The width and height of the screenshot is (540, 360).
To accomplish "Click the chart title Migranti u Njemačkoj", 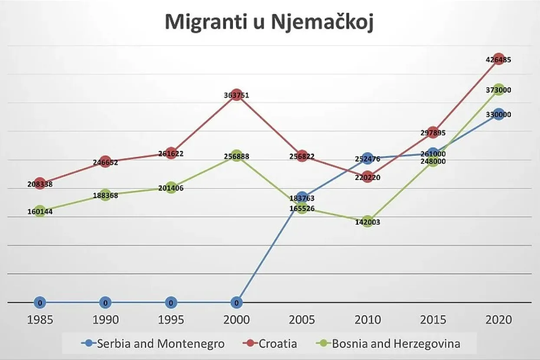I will tap(269, 23).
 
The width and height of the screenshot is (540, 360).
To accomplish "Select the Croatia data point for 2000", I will tap(236, 95).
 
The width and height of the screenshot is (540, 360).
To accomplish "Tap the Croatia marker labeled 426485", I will tap(499, 59).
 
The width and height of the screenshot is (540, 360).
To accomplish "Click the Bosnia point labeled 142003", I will tap(367, 221).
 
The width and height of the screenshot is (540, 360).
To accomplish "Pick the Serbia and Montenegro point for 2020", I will tap(499, 115).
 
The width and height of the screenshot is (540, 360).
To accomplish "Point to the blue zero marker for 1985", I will tap(40, 302).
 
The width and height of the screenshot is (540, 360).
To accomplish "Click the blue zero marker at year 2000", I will tap(236, 302).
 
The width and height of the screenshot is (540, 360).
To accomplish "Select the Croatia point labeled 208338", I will tap(40, 183).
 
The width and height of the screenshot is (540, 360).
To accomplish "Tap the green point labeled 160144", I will tap(40, 211).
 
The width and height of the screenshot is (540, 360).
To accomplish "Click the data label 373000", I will tap(499, 90).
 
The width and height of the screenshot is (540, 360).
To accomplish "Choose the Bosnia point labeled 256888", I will tap(236, 156).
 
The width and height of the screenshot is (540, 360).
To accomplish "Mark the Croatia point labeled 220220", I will tap(367, 177).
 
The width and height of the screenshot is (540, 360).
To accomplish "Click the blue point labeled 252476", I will tap(367, 158).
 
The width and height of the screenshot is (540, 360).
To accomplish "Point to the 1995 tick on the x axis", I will tap(171, 320).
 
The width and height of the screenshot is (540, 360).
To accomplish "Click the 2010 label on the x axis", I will tap(367, 320).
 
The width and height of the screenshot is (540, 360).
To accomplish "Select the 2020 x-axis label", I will tap(499, 320).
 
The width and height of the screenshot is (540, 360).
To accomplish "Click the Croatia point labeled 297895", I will tap(433, 132).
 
